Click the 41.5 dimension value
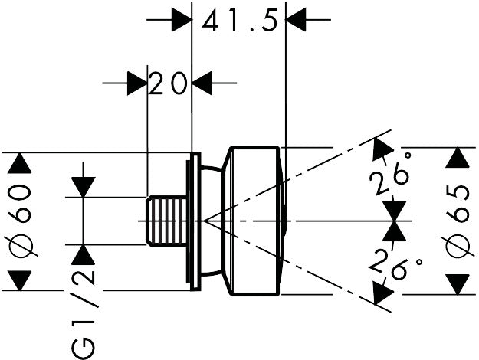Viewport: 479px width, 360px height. pyautogui.click(x=238, y=21)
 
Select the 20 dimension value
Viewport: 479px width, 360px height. pyautogui.click(x=169, y=83)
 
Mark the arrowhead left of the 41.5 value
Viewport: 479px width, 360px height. pyautogui.click(x=181, y=20)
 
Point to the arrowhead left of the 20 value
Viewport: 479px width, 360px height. pyautogui.click(x=136, y=83)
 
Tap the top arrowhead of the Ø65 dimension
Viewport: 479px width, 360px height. pyautogui.click(x=458, y=159)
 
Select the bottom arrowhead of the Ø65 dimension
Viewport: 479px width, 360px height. pyautogui.click(x=458, y=284)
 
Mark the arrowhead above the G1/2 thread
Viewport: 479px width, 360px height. pyautogui.click(x=83, y=187)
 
